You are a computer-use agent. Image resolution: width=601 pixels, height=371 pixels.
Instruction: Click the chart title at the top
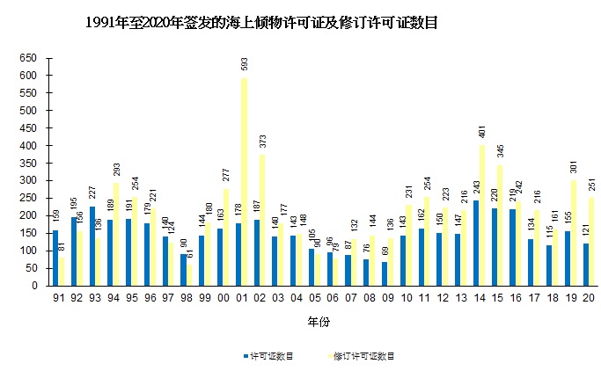[x=261, y=24]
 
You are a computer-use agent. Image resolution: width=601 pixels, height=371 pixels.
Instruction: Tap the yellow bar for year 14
[x=482, y=215]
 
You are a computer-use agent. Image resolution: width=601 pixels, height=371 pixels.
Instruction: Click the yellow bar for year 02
[x=262, y=220]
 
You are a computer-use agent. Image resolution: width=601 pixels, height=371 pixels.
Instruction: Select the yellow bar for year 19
[x=575, y=232]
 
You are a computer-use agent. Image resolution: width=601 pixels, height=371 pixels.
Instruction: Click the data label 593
[x=244, y=65]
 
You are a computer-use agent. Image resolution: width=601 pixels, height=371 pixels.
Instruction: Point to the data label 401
[x=482, y=133]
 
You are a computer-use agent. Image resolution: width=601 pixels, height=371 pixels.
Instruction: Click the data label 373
[x=262, y=142]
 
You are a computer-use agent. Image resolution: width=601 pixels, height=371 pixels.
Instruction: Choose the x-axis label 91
[x=57, y=298]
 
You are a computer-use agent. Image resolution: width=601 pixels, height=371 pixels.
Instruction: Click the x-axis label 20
[x=589, y=298]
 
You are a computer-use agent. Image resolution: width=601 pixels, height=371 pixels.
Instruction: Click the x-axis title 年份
[x=319, y=323]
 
